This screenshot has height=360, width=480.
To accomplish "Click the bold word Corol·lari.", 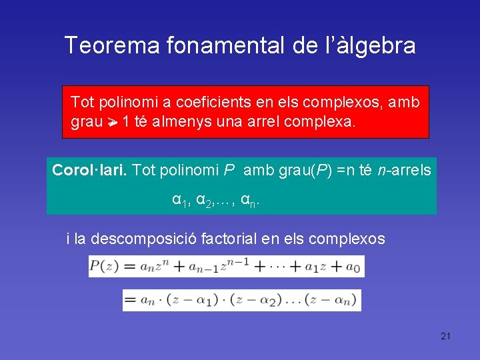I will point(90,170).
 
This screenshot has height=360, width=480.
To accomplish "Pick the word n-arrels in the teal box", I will point(407,170).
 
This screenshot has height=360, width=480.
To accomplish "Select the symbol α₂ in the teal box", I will point(203,200).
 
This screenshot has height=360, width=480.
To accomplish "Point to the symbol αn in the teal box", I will point(249,200).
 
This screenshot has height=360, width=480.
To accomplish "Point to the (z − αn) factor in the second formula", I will point(331,300).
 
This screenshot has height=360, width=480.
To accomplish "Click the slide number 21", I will point(445,336).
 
